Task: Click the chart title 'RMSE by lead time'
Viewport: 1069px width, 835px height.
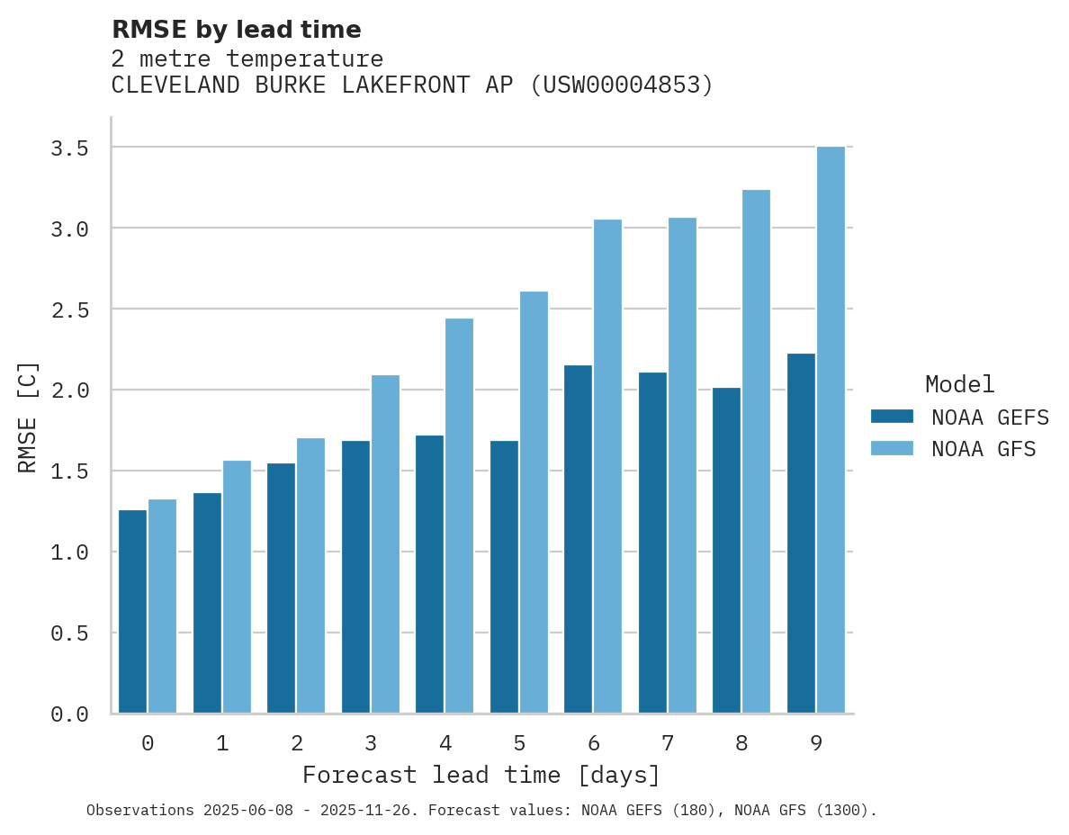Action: pos(236,30)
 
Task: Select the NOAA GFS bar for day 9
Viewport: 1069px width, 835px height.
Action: pos(831,430)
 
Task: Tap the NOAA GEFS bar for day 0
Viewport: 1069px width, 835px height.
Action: pos(132,612)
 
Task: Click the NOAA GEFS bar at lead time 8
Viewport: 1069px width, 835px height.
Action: pos(726,551)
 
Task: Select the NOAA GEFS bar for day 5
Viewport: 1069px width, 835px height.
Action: pos(504,577)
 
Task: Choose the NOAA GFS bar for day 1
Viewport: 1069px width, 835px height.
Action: pos(237,587)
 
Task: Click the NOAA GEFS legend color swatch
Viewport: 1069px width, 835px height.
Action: pos(892,417)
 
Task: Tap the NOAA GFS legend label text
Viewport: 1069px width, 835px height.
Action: pos(984,449)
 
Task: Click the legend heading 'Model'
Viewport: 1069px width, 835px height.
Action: pos(959,384)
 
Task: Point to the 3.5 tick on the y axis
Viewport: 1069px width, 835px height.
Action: pos(69,148)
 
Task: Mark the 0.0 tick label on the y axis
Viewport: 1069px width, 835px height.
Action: pos(69,714)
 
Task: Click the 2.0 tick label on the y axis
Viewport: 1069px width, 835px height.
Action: pos(69,390)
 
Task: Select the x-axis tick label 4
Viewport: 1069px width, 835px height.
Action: pos(445,743)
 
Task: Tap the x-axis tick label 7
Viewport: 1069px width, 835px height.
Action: pos(667,743)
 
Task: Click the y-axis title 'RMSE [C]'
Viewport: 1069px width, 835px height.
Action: pos(28,417)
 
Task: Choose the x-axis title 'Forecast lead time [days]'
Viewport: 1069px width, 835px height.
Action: pos(481,775)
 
